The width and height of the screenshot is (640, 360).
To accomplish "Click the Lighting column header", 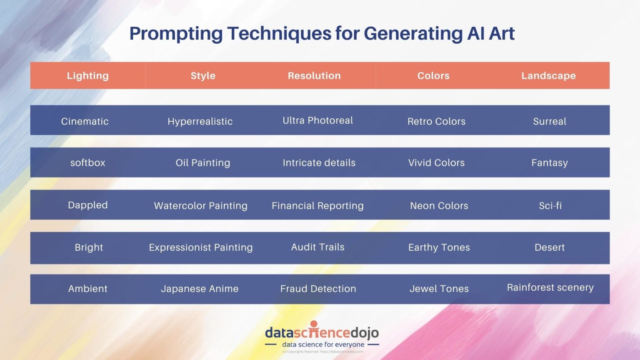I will point(87,75).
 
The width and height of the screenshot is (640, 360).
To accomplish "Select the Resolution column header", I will point(314,75).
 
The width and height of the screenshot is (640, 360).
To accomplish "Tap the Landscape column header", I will point(548,75).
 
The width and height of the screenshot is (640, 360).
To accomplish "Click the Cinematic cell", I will point(85,121).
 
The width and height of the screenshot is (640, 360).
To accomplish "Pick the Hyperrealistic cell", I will point(200,121).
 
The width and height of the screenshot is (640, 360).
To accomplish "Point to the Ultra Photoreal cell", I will point(317,120).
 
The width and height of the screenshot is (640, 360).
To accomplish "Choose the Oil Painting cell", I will point(202,162).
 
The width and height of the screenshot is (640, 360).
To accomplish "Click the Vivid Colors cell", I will point(436,162).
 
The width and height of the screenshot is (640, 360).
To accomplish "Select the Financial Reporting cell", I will point(317,205).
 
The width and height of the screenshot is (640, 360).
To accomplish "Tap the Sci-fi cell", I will point(550,205).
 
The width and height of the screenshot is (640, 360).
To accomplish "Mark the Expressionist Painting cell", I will point(201,247).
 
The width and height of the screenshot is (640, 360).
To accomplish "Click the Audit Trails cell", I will point(317,247).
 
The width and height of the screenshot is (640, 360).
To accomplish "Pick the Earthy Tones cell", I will point(439,247).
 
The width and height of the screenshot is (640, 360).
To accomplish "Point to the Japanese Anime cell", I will point(200,289).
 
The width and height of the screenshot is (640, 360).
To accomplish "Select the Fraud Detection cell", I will point(318,289).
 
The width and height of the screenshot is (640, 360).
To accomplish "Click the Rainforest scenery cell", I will point(550,287).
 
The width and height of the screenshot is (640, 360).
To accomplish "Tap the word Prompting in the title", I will point(176,33).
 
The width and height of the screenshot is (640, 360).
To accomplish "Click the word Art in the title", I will point(502,33).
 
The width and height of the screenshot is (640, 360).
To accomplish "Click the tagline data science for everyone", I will point(323,345).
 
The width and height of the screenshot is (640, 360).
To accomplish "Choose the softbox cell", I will point(87,162).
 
